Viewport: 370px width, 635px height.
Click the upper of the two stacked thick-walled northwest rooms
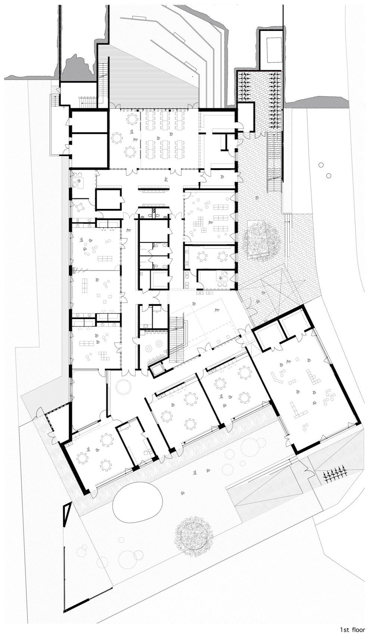[89, 122]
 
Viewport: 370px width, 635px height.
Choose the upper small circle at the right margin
[320, 165]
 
